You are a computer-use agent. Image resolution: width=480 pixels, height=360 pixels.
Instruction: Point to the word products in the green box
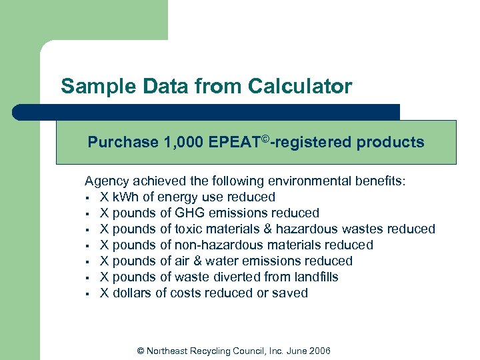point(393,142)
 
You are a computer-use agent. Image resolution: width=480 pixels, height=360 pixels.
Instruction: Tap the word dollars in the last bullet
point(132,293)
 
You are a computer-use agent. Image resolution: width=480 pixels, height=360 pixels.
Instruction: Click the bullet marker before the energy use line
point(87,197)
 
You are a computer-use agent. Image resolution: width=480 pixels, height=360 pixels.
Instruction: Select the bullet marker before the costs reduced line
point(87,293)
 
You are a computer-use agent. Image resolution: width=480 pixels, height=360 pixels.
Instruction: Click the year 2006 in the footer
point(319,351)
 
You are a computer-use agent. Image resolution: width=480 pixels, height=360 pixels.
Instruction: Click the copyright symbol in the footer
point(140,351)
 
